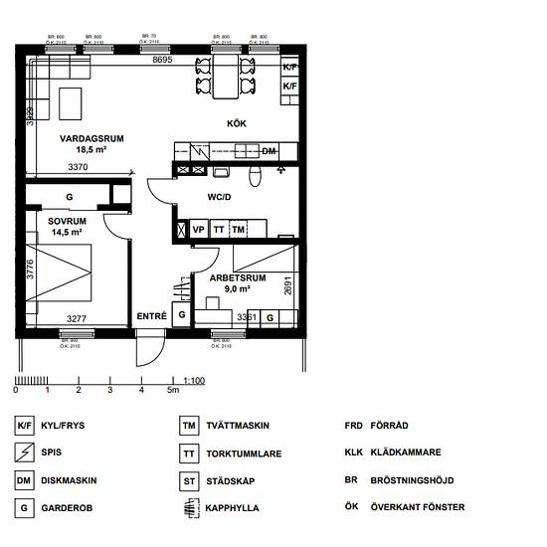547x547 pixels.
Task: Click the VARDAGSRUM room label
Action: [91, 139]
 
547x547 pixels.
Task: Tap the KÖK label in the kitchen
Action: [236, 123]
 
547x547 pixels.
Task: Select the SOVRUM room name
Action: [67, 220]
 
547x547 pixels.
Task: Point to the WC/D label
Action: [219, 197]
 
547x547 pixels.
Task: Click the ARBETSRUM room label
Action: [237, 278]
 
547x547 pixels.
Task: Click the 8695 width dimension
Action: [162, 61]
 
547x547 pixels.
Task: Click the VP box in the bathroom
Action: [198, 230]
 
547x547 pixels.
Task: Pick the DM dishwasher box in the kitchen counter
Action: [269, 151]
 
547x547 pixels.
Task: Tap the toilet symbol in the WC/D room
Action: [255, 175]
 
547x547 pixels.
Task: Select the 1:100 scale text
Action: [194, 380]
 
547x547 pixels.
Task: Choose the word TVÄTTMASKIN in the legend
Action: [238, 426]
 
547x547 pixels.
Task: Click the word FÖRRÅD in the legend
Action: [389, 426]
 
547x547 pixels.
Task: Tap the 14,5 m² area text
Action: [67, 232]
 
